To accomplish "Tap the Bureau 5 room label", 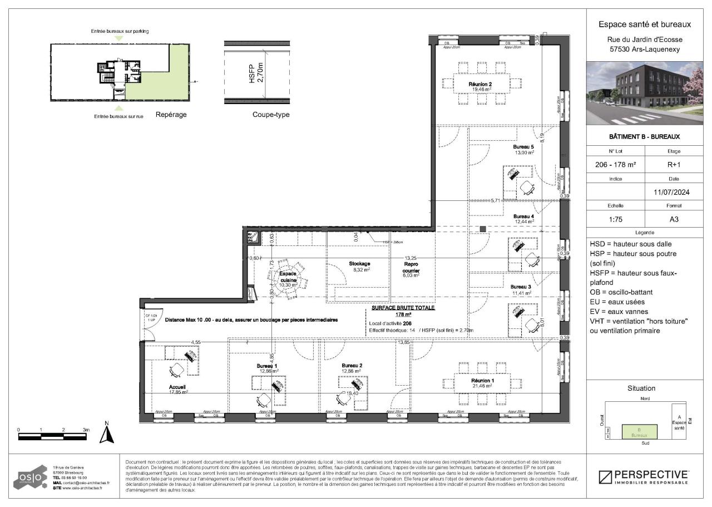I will [523, 147].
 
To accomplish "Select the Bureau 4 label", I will [523, 216].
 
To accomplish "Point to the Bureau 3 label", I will [521, 287].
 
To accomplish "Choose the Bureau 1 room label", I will [267, 366].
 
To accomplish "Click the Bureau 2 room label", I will [352, 366].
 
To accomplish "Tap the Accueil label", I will [177, 387].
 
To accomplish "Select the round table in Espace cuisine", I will [288, 276].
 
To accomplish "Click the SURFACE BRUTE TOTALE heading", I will [403, 307].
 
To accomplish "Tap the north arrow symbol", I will [106, 432].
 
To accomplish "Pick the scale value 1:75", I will [615, 219].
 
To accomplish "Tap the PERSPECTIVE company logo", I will [644, 477].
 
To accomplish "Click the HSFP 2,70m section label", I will [255, 73].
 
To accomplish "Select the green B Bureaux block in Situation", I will [639, 432].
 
